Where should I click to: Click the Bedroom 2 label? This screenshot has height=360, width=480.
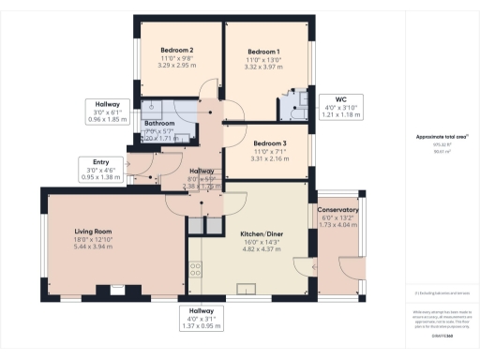(x=177, y=50)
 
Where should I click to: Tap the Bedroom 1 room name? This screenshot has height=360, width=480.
(x=263, y=52)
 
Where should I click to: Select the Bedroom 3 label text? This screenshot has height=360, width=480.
(x=271, y=142)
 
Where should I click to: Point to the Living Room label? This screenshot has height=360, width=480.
(x=94, y=231)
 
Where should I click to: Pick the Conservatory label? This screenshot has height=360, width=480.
(x=337, y=210)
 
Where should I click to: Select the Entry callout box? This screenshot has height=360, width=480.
(x=100, y=169)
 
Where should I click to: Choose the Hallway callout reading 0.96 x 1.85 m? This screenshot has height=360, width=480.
(x=107, y=112)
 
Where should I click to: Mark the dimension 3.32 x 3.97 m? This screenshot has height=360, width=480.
(x=263, y=67)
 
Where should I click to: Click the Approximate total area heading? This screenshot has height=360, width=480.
(x=442, y=137)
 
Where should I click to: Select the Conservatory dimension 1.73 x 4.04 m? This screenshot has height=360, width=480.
(x=338, y=226)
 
